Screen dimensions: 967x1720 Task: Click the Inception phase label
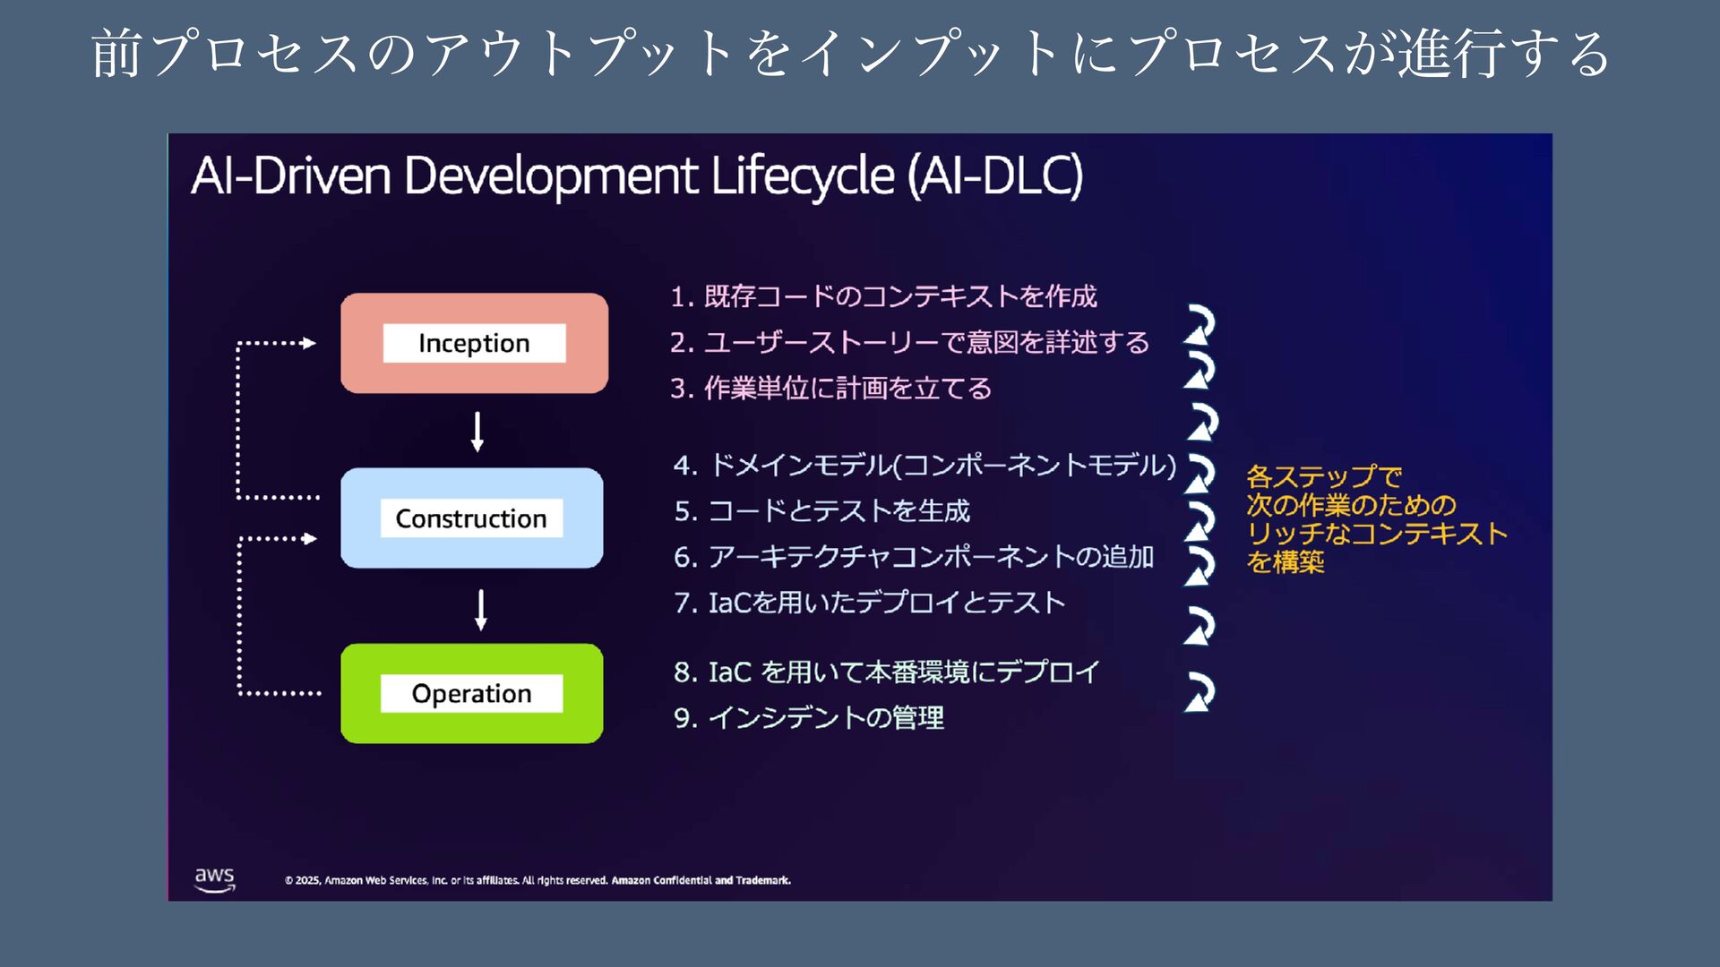click(474, 343)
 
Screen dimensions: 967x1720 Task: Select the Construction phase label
click(471, 518)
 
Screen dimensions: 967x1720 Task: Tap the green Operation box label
click(471, 694)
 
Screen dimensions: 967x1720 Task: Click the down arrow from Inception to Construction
click(477, 432)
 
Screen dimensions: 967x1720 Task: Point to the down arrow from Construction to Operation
click(481, 610)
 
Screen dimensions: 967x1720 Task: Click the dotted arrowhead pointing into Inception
click(309, 343)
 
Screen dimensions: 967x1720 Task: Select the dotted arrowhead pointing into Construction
click(310, 539)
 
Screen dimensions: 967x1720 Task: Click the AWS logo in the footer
click(215, 878)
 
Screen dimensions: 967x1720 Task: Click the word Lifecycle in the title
click(803, 175)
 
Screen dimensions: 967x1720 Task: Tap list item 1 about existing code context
click(883, 296)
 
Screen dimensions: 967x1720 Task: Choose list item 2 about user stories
click(909, 342)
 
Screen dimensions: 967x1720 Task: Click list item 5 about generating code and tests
click(821, 511)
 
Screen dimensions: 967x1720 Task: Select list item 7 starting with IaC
click(870, 603)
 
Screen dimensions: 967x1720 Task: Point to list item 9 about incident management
click(809, 717)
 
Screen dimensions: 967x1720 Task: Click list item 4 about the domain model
click(924, 466)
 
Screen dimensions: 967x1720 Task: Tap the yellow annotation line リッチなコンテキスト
click(1377, 534)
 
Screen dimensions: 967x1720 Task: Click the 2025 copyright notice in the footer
click(537, 880)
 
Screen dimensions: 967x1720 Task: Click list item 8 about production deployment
click(887, 672)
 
